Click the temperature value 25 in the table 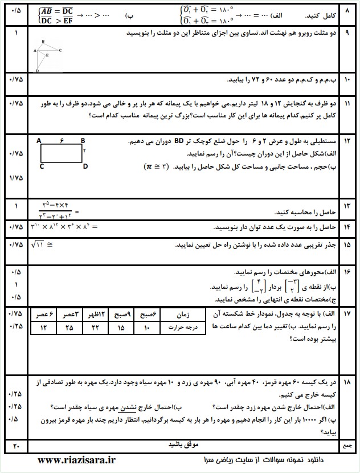[69, 328]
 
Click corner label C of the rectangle [42, 166]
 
